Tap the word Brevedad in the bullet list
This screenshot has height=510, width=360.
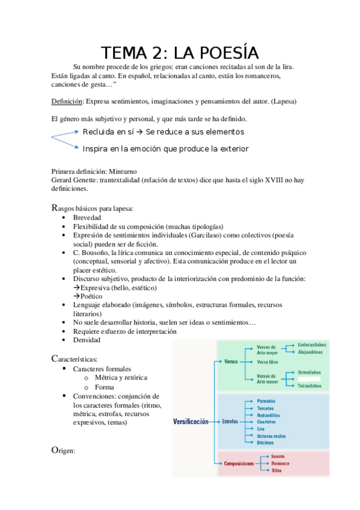pyautogui.click(x=87, y=217)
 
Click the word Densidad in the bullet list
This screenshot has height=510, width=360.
pyautogui.click(x=87, y=340)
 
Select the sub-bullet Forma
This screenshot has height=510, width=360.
pyautogui.click(x=104, y=387)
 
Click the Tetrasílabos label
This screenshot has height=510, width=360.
pyautogui.click(x=309, y=386)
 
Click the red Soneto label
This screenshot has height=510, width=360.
pyautogui.click(x=278, y=456)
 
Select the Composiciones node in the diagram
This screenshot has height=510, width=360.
pyautogui.click(x=239, y=463)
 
